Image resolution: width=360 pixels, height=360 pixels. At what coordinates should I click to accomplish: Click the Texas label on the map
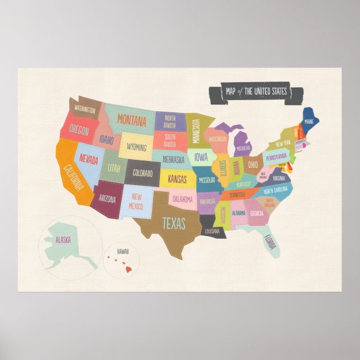(x=174, y=224)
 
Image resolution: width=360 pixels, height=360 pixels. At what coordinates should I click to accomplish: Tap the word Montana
(x=132, y=120)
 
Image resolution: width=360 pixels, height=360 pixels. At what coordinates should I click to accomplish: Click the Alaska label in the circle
(x=63, y=240)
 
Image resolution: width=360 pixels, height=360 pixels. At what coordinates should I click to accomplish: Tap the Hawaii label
(x=123, y=252)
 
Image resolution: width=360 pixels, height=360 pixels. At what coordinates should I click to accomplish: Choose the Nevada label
(x=88, y=160)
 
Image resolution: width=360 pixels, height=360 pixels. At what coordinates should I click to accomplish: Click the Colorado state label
(x=143, y=173)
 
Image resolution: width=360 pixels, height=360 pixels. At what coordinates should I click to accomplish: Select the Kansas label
(x=177, y=179)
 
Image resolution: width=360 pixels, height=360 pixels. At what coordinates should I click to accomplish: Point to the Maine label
(x=309, y=120)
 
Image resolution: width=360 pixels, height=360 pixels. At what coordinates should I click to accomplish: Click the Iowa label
(x=201, y=157)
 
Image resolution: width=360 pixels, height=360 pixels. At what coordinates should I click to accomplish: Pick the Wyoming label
(x=137, y=148)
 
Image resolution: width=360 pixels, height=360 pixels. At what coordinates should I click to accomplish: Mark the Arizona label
(x=107, y=199)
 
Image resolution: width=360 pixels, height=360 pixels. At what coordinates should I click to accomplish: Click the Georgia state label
(x=257, y=214)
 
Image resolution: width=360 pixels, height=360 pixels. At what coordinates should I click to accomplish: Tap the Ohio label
(x=253, y=165)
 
